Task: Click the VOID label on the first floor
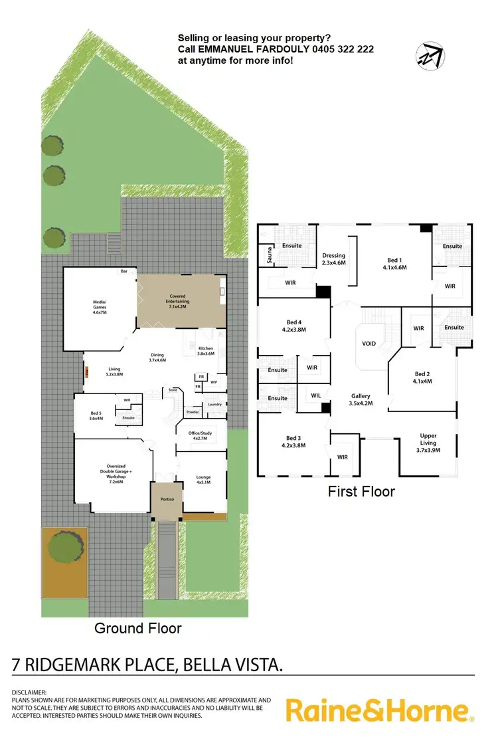[x=369, y=345]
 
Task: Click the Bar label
[x=124, y=271]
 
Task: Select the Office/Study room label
[x=201, y=436]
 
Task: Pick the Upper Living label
[x=428, y=440]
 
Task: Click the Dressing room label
[x=333, y=259]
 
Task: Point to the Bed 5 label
[x=96, y=415]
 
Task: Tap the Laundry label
[x=214, y=404]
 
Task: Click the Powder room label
[x=193, y=411]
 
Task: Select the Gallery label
[x=361, y=399]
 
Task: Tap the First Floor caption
[x=361, y=492]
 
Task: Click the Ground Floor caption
[x=137, y=627]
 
